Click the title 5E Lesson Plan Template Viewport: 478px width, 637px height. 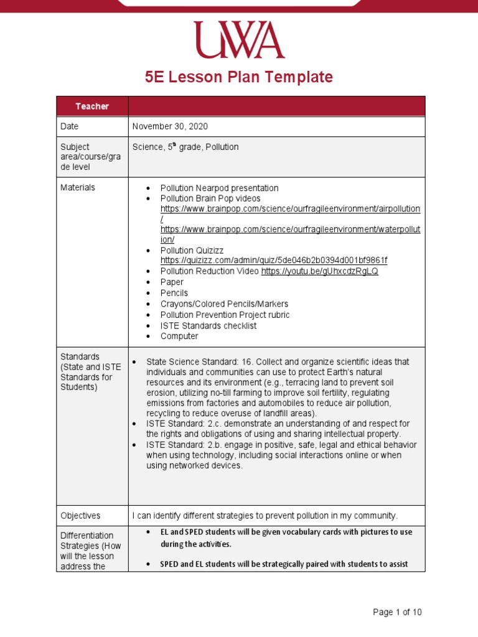[239, 77]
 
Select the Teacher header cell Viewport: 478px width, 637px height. [92, 106]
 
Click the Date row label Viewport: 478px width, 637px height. [70, 126]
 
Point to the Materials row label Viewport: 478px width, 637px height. [78, 187]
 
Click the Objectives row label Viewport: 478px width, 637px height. [80, 516]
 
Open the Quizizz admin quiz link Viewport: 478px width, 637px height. [273, 261]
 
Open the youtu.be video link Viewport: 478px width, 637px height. [319, 271]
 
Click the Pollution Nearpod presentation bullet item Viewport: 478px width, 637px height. [219, 188]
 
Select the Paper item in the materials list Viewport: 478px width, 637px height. [172, 282]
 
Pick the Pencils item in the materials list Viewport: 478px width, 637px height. [174, 293]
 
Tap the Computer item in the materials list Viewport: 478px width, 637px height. [179, 336]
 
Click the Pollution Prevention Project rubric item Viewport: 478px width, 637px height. [225, 315]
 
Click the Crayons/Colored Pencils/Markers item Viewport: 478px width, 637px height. [224, 304]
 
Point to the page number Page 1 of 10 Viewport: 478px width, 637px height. [397, 612]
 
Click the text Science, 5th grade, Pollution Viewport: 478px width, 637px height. [185, 147]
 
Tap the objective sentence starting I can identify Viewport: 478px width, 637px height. [265, 516]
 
